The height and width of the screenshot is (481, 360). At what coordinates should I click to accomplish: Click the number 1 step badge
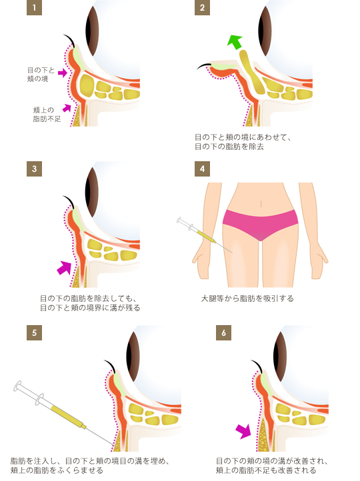coord(34,8)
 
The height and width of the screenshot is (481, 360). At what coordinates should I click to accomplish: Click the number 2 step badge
coord(202,8)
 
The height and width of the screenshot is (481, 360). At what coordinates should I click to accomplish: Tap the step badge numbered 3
coord(34,169)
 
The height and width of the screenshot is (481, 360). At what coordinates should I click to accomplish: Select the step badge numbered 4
coord(202,169)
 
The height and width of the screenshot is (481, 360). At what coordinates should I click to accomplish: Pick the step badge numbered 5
coord(34,333)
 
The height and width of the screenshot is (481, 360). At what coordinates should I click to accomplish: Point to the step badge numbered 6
coord(223,333)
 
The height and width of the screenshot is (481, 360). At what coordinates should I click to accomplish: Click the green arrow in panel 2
coord(235,43)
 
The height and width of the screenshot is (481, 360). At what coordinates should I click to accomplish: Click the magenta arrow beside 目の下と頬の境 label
coord(62,73)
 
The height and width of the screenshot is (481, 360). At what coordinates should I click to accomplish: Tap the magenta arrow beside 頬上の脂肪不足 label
coord(67,108)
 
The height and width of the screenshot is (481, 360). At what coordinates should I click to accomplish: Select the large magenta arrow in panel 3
coord(64,268)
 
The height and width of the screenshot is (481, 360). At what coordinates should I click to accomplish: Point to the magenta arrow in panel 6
coord(243,431)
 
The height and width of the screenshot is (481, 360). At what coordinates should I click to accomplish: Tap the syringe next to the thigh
coord(204,235)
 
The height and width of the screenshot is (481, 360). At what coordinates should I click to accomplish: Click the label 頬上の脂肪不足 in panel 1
coord(47,115)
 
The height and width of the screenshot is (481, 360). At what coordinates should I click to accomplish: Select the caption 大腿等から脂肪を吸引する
coord(247,298)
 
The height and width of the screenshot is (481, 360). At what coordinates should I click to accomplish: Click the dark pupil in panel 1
coord(92,31)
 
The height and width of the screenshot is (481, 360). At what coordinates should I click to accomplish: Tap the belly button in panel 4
coord(261,203)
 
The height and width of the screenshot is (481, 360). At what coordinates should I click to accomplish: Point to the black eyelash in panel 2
coord(204,66)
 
